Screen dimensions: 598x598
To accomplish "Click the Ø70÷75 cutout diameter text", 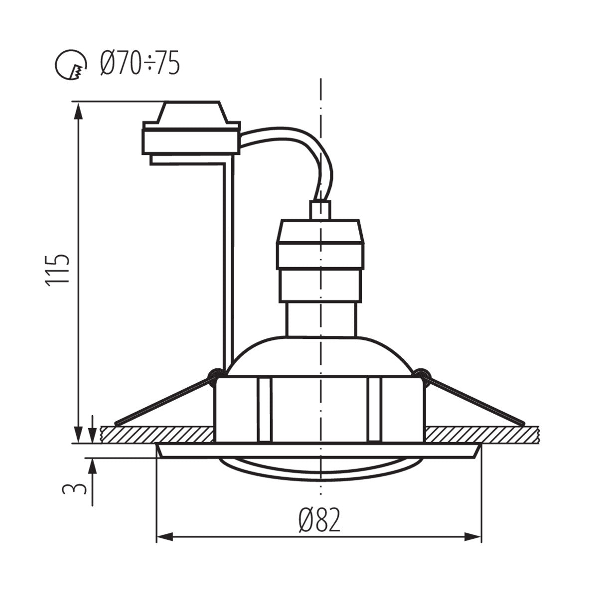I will [140, 64].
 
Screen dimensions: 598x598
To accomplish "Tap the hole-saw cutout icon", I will [69, 65].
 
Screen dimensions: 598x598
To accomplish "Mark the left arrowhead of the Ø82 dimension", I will [164, 537].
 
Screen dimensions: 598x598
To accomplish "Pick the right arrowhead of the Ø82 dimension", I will [473, 537].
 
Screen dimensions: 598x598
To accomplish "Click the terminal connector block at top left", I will [191, 134].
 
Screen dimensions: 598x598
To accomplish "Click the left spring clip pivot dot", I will [215, 373].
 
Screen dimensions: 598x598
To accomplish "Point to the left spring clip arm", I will [164, 399].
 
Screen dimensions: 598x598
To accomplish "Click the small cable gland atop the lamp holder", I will [319, 210].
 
